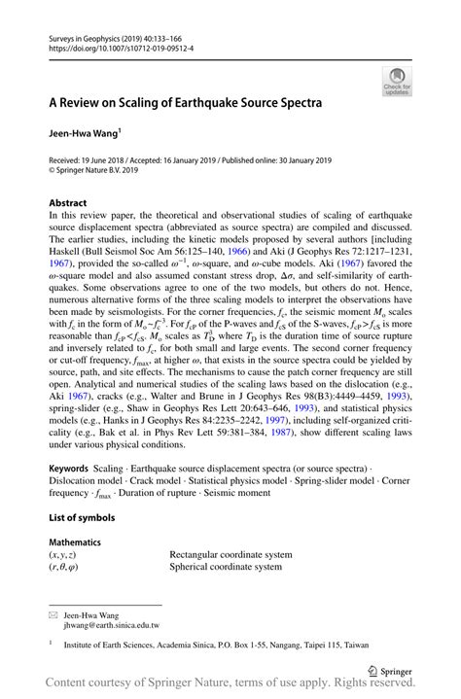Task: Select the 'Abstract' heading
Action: [67, 203]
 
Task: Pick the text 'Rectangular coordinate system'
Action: [230, 554]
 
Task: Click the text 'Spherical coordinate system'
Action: [226, 567]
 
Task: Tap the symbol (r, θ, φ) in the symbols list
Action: [66, 567]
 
